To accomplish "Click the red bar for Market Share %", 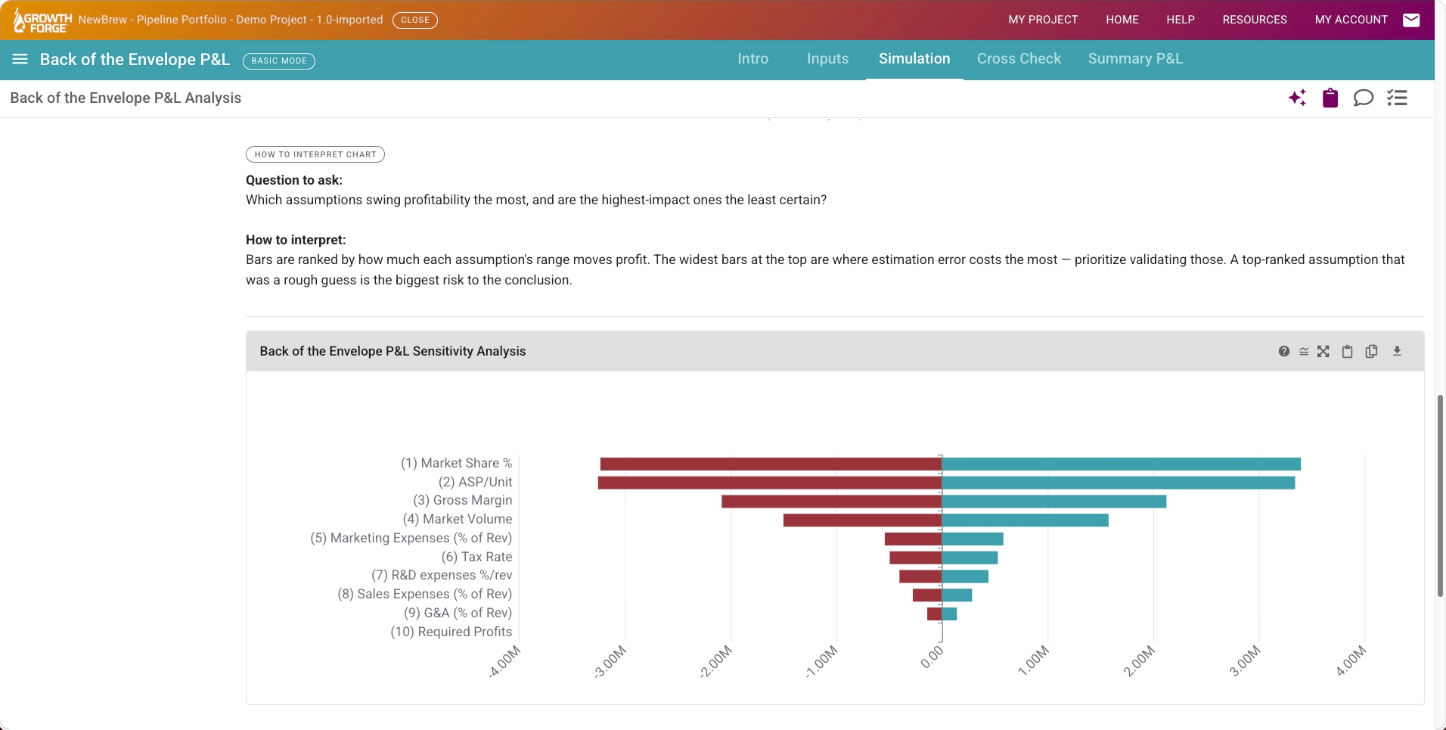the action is (771, 464).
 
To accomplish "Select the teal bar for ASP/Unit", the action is (1119, 483).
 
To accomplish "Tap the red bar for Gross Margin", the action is (832, 502).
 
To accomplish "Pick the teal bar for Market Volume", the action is (1026, 520).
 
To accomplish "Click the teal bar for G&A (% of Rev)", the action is (950, 614).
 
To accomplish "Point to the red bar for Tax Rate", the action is (916, 558).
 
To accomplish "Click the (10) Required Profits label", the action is (451, 632).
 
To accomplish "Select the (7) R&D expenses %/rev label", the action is (442, 575).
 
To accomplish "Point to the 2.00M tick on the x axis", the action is (1139, 660).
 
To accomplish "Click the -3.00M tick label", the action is (610, 661).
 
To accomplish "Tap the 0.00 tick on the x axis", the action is (932, 656).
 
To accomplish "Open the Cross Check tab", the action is (1019, 59).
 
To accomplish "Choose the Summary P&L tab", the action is (1135, 59).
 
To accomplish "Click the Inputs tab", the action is (827, 59).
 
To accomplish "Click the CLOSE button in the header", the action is (415, 20).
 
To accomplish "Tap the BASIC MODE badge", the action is (279, 61).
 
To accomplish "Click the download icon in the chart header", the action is (1397, 351).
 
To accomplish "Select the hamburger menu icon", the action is (20, 59).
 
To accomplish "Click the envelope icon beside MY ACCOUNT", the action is (1411, 20).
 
